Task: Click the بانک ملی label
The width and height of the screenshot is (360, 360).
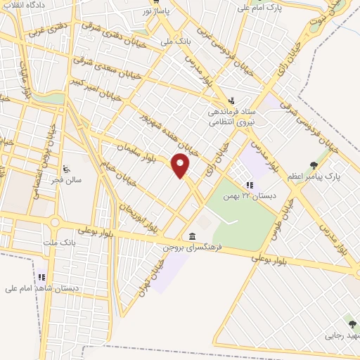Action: (x=176, y=42)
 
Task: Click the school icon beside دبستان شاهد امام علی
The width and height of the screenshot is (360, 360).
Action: (x=41, y=277)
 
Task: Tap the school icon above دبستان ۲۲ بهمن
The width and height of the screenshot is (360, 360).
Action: (x=249, y=186)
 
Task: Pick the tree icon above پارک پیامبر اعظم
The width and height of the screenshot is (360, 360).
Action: (x=314, y=165)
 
